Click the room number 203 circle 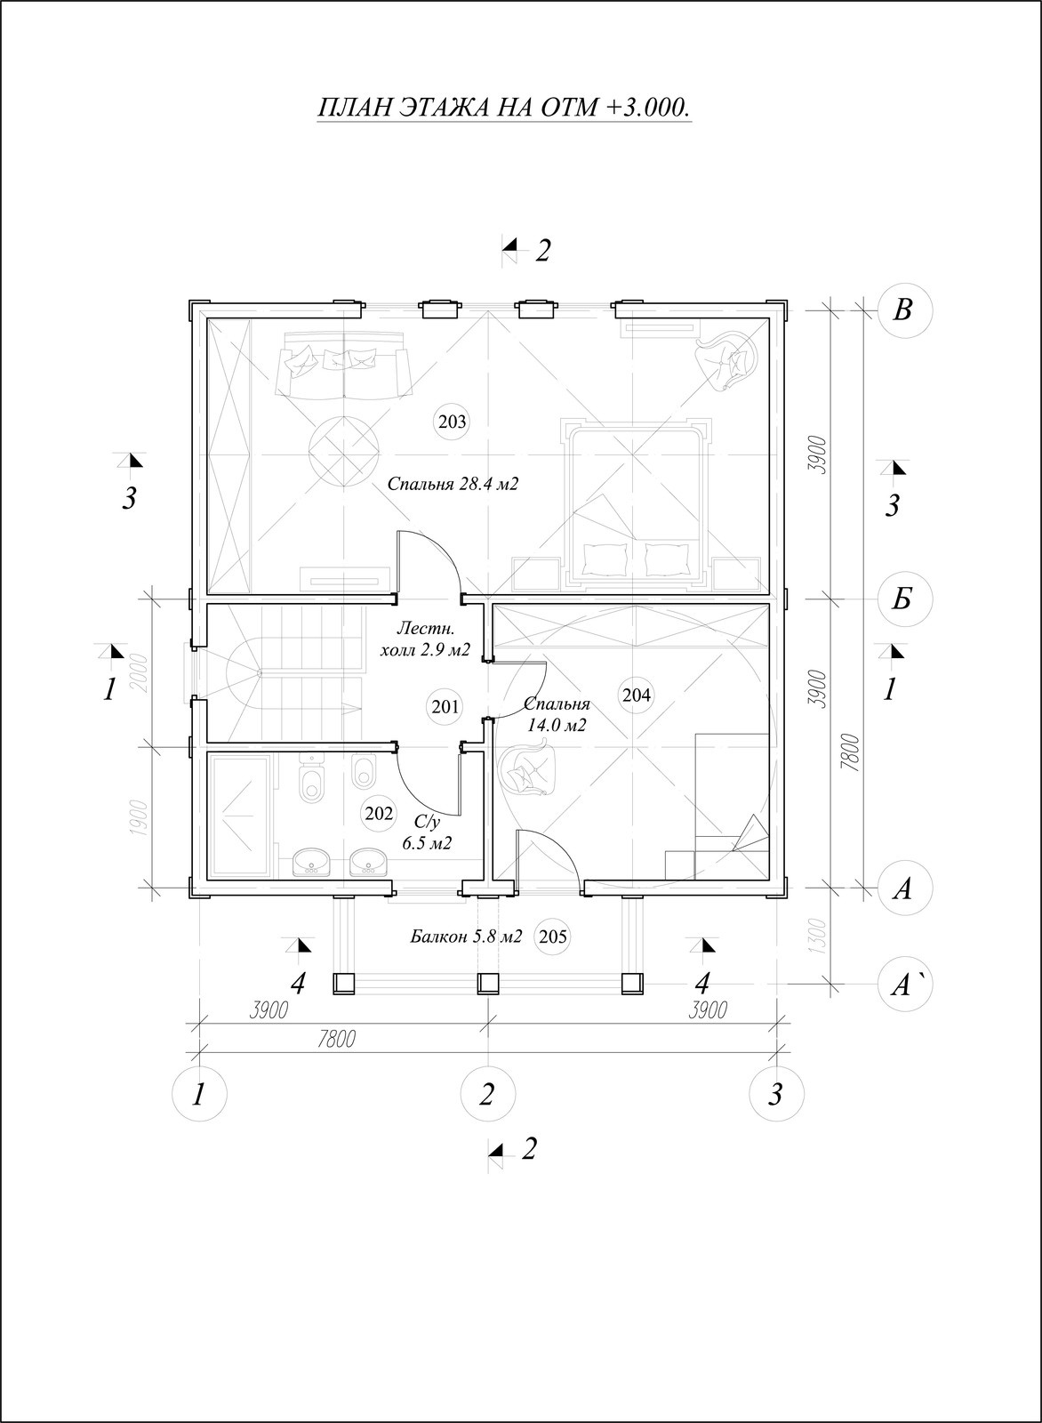453,422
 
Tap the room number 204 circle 637,695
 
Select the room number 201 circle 445,707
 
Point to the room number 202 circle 379,814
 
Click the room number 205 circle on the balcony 552,937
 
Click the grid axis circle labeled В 903,310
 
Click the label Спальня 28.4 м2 453,484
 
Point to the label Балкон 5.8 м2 466,937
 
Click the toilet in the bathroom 311,779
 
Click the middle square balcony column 488,984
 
